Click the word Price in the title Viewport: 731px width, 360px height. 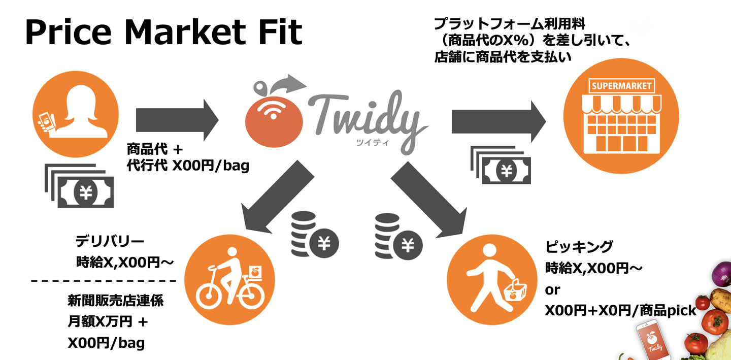pyautogui.click(x=68, y=32)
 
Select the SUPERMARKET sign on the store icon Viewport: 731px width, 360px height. pyautogui.click(x=621, y=86)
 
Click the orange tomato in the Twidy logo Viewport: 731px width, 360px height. pyautogui.click(x=274, y=121)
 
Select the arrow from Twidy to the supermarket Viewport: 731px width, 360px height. pyautogui.click(x=499, y=121)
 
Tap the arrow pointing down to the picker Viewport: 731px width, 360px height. pyautogui.click(x=429, y=199)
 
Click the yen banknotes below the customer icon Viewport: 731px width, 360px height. pyautogui.click(x=79, y=186)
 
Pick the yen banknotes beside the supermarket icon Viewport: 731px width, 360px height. pyautogui.click(x=501, y=165)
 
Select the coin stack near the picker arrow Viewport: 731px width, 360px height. pyautogui.click(x=398, y=237)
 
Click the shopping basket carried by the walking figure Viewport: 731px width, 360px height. pyautogui.click(x=515, y=291)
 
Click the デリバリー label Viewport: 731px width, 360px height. pyautogui.click(x=110, y=241)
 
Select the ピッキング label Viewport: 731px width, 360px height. pyautogui.click(x=579, y=246)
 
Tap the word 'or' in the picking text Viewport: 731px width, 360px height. pyautogui.click(x=552, y=290)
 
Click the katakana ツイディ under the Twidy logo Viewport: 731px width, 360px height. pyautogui.click(x=373, y=143)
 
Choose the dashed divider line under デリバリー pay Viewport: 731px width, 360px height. pyautogui.click(x=104, y=281)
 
